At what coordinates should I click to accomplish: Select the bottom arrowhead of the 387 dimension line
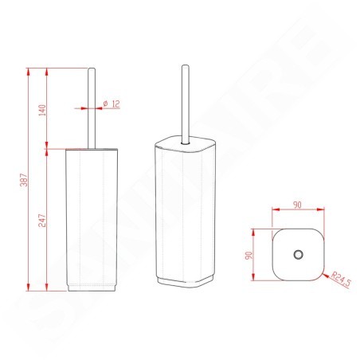pyautogui.click(x=29, y=288)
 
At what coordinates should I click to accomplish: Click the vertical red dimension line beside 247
pyautogui.click(x=52, y=217)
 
